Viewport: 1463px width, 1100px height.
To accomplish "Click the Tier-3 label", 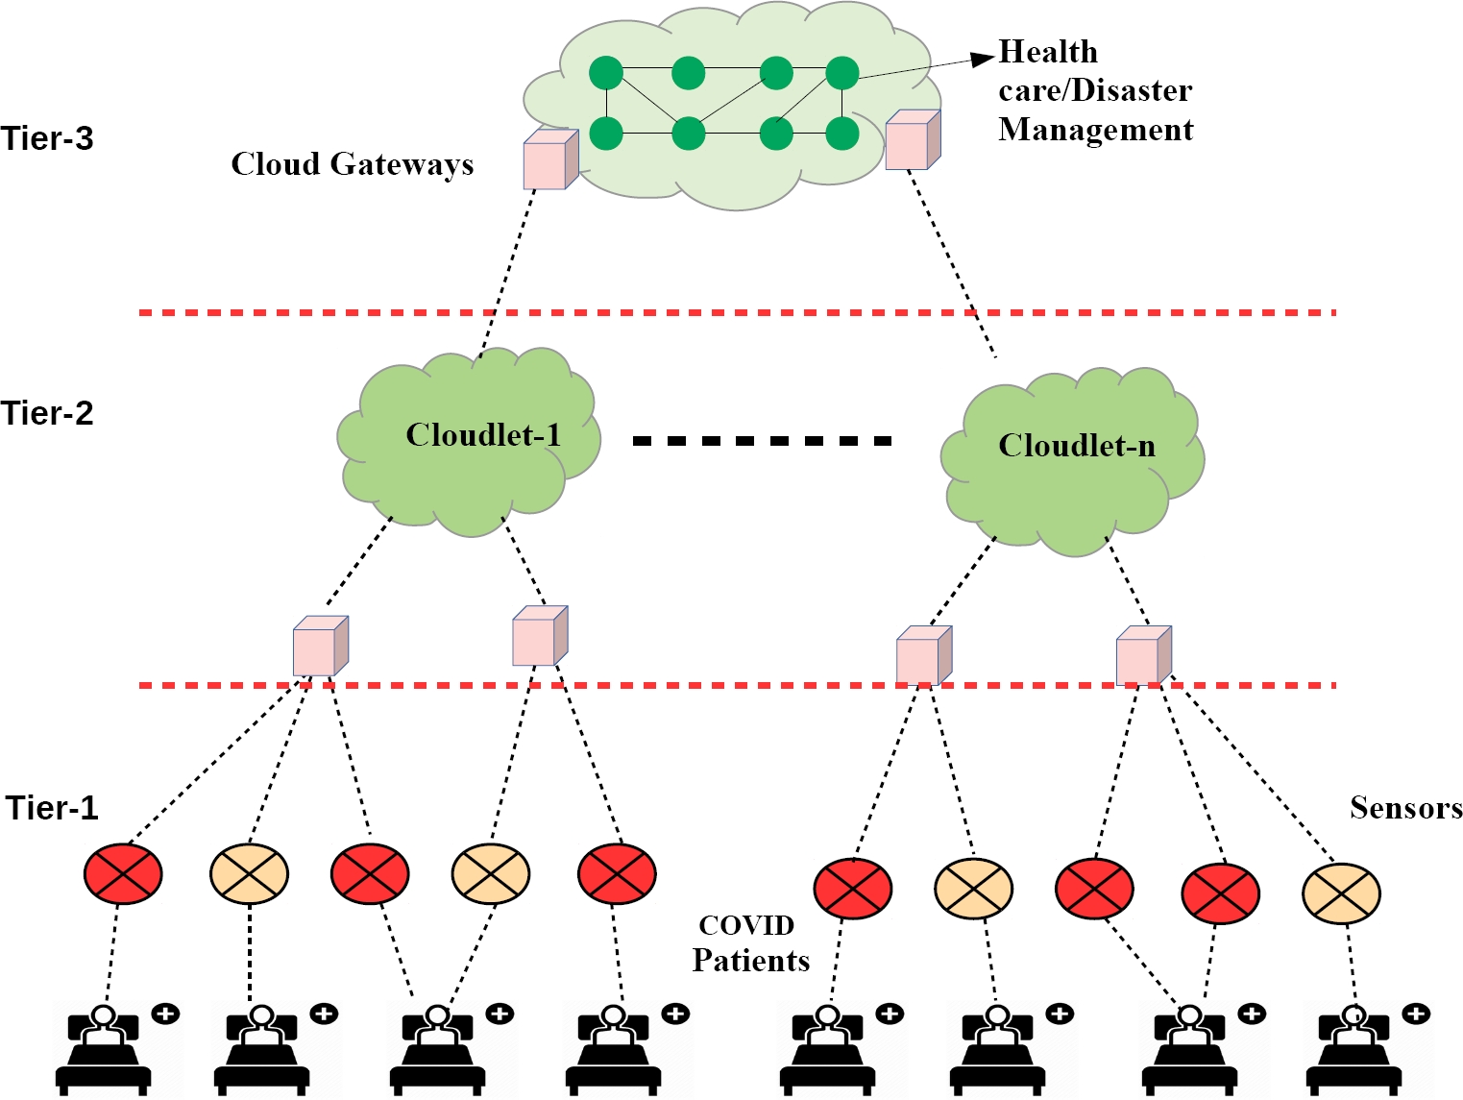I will (x=47, y=138).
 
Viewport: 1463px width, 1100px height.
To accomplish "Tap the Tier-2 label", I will (x=47, y=413).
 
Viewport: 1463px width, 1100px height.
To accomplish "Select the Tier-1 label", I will (x=52, y=808).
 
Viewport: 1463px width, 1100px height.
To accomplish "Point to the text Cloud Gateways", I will (x=352, y=164).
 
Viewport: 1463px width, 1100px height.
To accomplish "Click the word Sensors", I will (x=1405, y=808).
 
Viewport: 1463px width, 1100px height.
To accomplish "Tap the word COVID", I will (x=746, y=925).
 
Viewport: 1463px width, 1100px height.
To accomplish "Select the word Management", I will (x=1095, y=130).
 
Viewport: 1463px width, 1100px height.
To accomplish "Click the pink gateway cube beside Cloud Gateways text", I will (x=549, y=160).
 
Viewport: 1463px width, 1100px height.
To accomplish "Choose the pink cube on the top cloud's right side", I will (x=912, y=140).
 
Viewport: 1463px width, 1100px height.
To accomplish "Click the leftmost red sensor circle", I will (x=123, y=873).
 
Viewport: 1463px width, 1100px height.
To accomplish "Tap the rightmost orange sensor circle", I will (x=1341, y=892).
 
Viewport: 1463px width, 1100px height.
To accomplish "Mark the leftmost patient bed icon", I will (x=104, y=1051).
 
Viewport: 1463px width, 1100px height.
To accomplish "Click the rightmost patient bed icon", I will (x=1354, y=1051).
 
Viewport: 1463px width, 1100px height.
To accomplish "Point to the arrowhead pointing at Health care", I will (x=983, y=59).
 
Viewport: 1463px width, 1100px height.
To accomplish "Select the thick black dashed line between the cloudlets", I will (x=762, y=441).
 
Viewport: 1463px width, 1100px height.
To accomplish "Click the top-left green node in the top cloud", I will (x=606, y=73).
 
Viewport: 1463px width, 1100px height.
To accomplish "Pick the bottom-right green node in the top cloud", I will (x=842, y=134).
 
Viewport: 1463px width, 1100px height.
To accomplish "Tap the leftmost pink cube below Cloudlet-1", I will (x=319, y=648).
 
